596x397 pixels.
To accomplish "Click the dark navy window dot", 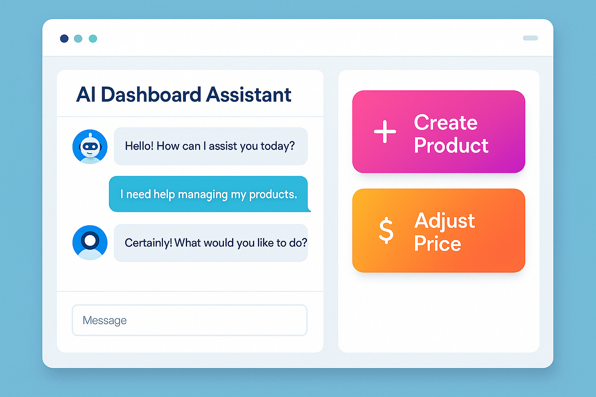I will (x=64, y=38).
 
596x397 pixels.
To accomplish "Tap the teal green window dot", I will (x=93, y=38).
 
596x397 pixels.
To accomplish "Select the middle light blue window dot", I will (x=78, y=38).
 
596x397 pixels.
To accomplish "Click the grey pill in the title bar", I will (x=530, y=38).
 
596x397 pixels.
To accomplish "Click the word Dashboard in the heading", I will (x=151, y=95).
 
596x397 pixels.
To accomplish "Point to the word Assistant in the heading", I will (x=248, y=95).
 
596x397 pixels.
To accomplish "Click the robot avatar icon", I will (x=90, y=147).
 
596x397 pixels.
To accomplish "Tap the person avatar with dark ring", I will (x=90, y=242).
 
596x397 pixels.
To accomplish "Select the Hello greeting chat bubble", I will (x=210, y=146).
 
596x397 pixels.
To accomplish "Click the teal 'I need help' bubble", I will (x=208, y=194).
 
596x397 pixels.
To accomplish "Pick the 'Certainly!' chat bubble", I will (x=210, y=243).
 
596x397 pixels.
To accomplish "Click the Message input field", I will (x=190, y=320).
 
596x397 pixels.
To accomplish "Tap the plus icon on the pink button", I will (x=385, y=132).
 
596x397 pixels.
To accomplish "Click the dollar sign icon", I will (x=386, y=231).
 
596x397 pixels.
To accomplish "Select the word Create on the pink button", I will (x=445, y=122).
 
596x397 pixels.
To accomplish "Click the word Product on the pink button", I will (x=451, y=146).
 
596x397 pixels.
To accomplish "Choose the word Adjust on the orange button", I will (x=445, y=221).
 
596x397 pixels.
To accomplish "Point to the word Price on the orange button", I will (x=437, y=244).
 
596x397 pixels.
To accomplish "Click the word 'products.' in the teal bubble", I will (x=273, y=195).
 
